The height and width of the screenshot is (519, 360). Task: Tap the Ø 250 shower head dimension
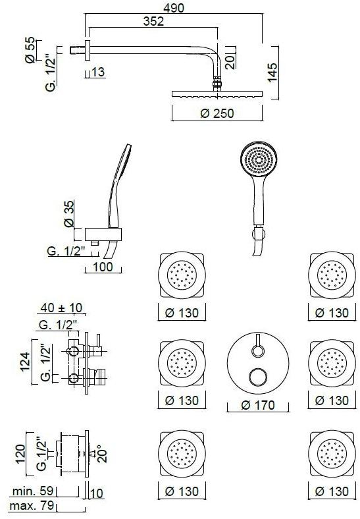pos(217,113)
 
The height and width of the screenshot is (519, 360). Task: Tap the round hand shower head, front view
pos(258,161)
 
